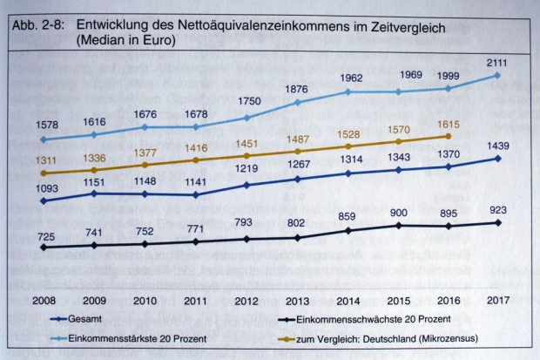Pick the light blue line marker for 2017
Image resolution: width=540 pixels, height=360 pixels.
click(497, 75)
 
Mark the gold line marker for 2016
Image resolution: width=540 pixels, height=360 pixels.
click(448, 136)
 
